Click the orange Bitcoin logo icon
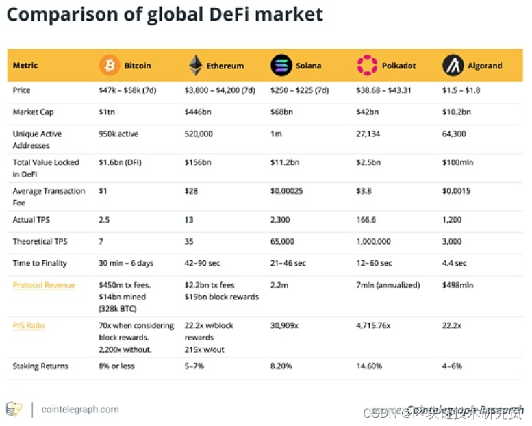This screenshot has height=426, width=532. (x=110, y=66)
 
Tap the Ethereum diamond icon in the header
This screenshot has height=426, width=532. (x=195, y=66)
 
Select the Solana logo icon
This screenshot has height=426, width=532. (x=281, y=66)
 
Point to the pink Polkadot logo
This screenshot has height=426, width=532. (x=367, y=66)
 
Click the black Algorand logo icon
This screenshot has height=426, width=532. (x=453, y=66)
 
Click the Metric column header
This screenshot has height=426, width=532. (x=25, y=66)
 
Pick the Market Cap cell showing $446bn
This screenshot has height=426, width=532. (x=197, y=112)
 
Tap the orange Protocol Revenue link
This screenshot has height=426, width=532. (x=44, y=285)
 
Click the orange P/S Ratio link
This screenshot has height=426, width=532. (x=29, y=325)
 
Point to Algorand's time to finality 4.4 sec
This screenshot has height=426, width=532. (x=454, y=263)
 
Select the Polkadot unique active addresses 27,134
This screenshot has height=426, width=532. (x=368, y=134)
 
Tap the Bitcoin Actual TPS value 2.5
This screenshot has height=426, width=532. (x=104, y=220)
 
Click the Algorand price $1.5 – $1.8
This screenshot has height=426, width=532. (x=461, y=90)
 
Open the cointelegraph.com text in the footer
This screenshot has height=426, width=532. (x=79, y=409)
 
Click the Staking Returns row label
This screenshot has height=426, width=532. (x=40, y=366)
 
